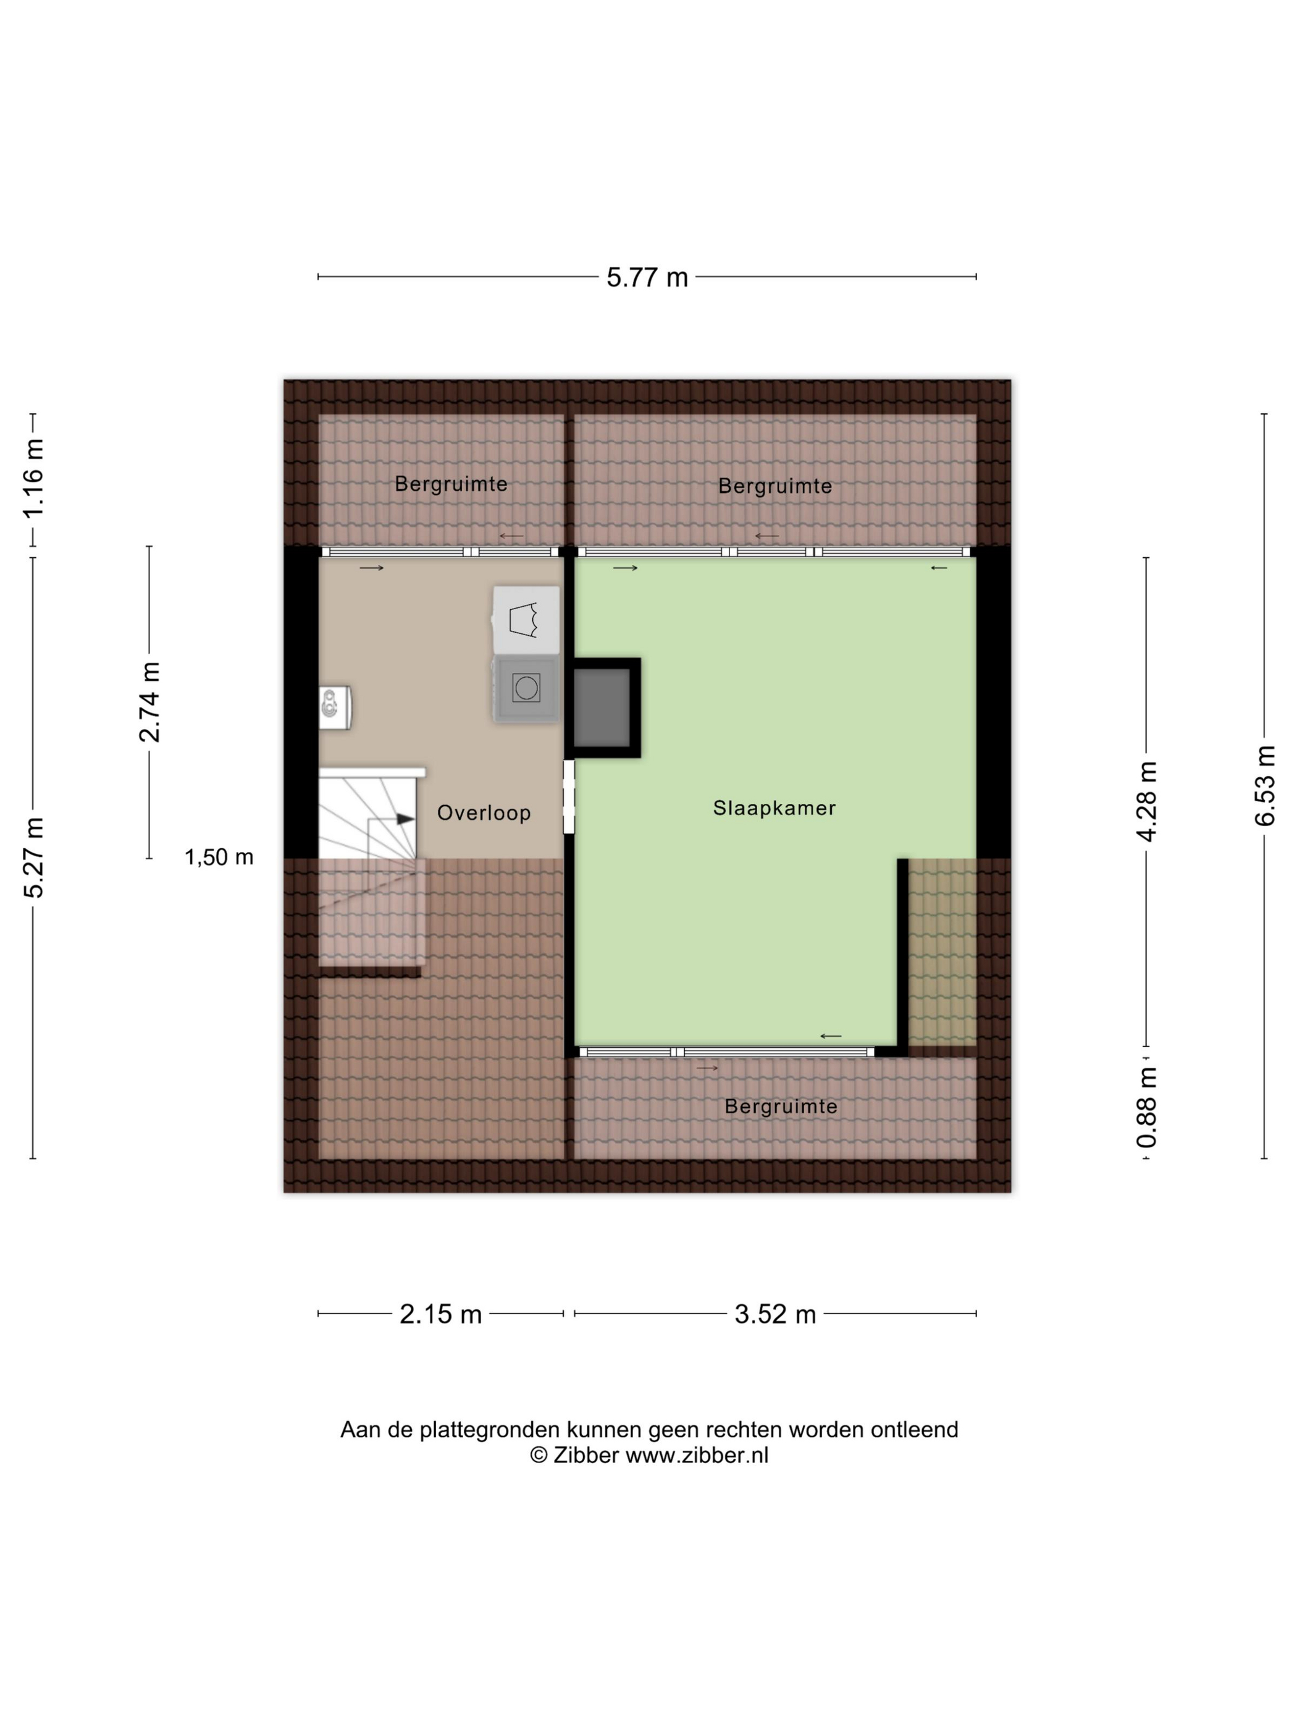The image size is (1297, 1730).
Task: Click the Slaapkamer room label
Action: [x=774, y=808]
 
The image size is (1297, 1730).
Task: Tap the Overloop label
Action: [x=484, y=813]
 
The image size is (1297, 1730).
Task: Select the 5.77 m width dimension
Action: [x=647, y=277]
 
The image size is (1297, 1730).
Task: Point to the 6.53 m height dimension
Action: [x=1264, y=785]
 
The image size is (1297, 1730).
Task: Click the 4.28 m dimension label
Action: [x=1146, y=801]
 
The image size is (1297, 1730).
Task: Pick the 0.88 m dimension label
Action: [x=1146, y=1106]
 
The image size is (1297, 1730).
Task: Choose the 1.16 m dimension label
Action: [x=33, y=478]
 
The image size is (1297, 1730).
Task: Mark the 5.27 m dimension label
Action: [x=33, y=857]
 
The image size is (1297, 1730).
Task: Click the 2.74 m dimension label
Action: [x=149, y=701]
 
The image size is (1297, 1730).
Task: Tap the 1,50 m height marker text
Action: [x=219, y=857]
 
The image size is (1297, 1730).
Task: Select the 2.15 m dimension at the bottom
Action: [x=440, y=1314]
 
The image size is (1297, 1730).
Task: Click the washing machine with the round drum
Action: [x=526, y=688]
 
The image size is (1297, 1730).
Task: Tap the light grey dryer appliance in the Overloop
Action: [x=526, y=620]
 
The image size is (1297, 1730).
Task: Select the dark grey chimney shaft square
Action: [x=602, y=707]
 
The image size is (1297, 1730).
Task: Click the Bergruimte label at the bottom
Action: [x=781, y=1107]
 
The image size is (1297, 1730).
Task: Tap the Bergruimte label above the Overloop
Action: [x=451, y=484]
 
